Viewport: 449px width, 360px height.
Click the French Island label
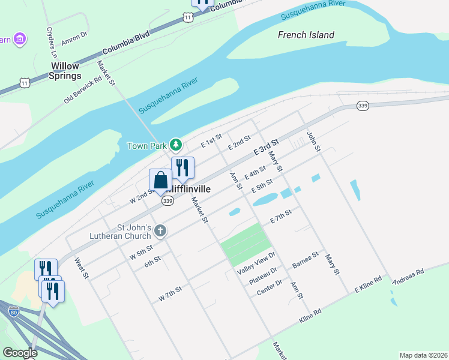click(x=306, y=35)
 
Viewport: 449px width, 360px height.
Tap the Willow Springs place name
click(x=66, y=71)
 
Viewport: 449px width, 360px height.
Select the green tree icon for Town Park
click(x=175, y=145)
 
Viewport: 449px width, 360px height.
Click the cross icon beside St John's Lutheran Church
click(x=160, y=230)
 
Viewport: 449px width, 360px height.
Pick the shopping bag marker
click(x=160, y=180)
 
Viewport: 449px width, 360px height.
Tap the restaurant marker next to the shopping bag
click(x=182, y=168)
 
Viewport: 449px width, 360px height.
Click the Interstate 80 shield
click(x=14, y=311)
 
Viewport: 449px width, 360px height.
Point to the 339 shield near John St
click(x=363, y=106)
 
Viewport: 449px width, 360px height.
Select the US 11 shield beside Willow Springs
click(x=23, y=81)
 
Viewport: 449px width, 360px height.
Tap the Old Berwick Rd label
click(x=83, y=90)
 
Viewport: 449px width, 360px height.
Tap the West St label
click(x=82, y=268)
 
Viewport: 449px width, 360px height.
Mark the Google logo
click(x=20, y=353)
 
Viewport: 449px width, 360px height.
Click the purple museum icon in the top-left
click(x=20, y=40)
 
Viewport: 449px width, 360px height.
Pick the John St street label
click(x=314, y=141)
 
